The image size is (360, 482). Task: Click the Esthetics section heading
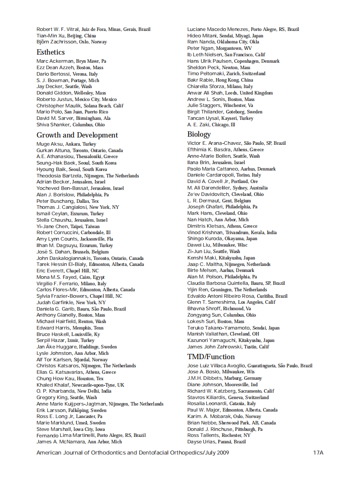click(51, 52)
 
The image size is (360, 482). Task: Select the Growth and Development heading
click(77, 135)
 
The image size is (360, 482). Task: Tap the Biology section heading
click(199, 134)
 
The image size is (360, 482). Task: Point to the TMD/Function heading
click(211, 357)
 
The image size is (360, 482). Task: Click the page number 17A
click(318, 452)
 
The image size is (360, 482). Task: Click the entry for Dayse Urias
click(201, 442)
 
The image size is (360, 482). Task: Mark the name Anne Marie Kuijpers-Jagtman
click(72, 404)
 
